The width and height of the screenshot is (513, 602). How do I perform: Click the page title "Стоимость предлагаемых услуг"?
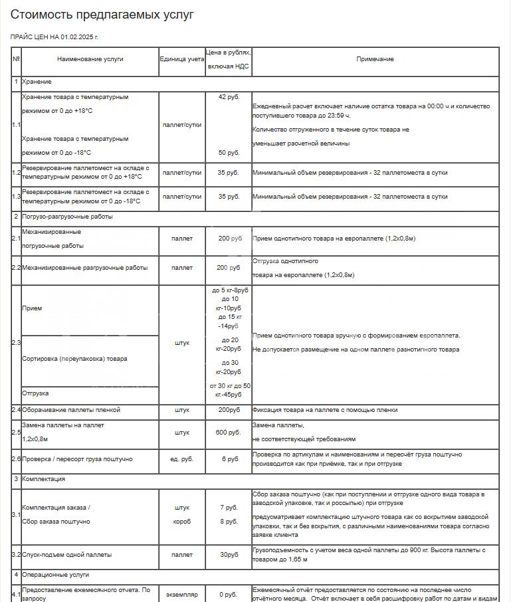[x=102, y=15]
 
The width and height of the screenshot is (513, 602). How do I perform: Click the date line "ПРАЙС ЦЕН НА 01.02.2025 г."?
[x=59, y=37]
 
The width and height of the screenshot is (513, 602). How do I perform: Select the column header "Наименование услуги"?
[x=90, y=59]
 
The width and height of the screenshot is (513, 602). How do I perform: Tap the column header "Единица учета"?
[x=181, y=59]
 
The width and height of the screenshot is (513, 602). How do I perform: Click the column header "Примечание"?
[x=375, y=59]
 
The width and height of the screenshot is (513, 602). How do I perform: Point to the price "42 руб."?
[x=229, y=97]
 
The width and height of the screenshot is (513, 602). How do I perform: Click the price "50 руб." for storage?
[x=229, y=153]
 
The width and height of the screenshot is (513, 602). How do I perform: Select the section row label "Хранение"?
[x=37, y=81]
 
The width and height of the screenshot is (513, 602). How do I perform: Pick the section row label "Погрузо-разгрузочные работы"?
[x=67, y=217]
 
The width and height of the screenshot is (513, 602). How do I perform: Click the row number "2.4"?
[x=16, y=410]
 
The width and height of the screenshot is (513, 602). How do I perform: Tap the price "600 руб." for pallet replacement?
[x=229, y=433]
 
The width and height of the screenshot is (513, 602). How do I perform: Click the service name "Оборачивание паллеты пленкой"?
[x=71, y=410]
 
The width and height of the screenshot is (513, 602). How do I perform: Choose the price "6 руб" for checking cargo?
[x=229, y=459]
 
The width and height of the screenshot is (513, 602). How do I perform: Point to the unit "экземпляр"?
[x=181, y=595]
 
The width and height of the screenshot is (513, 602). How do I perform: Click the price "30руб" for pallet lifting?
[x=229, y=555]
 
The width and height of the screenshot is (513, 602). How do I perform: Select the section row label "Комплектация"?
[x=43, y=479]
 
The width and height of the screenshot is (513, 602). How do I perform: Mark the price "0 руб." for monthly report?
[x=229, y=595]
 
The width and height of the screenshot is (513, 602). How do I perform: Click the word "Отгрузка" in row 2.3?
[x=35, y=393]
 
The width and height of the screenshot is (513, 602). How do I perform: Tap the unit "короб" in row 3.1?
[x=181, y=522]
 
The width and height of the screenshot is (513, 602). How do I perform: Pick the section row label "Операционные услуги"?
[x=55, y=575]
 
